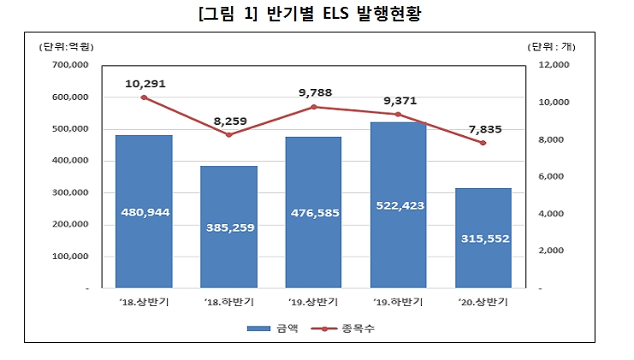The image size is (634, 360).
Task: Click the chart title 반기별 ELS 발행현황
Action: [316, 15]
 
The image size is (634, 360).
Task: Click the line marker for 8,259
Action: [228, 134]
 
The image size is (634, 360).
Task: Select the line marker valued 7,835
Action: [483, 143]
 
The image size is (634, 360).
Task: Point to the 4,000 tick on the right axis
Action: [543, 214]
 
